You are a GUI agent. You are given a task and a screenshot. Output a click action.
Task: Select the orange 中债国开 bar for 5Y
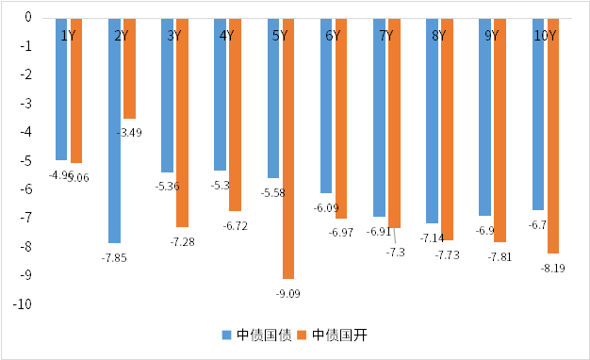click(287, 148)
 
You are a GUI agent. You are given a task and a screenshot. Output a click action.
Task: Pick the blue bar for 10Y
click(537, 113)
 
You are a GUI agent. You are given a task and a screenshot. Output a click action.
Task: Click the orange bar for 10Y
click(552, 135)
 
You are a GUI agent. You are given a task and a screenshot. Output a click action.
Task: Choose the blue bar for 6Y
click(326, 105)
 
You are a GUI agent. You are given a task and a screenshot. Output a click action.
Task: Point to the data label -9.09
click(289, 294)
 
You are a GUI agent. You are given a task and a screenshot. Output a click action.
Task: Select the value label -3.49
click(129, 133)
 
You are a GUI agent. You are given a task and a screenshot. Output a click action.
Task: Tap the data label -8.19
click(552, 269)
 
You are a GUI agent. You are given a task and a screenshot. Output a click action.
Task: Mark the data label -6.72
click(236, 226)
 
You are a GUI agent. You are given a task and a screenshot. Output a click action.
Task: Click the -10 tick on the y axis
click(23, 304)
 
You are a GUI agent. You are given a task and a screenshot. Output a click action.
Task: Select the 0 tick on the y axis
click(28, 18)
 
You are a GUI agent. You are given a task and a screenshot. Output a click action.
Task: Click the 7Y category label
click(386, 36)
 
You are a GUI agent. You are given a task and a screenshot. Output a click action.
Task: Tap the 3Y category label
click(174, 36)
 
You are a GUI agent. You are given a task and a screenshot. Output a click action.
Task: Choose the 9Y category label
click(492, 36)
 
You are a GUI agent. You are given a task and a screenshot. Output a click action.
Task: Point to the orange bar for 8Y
click(447, 129)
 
